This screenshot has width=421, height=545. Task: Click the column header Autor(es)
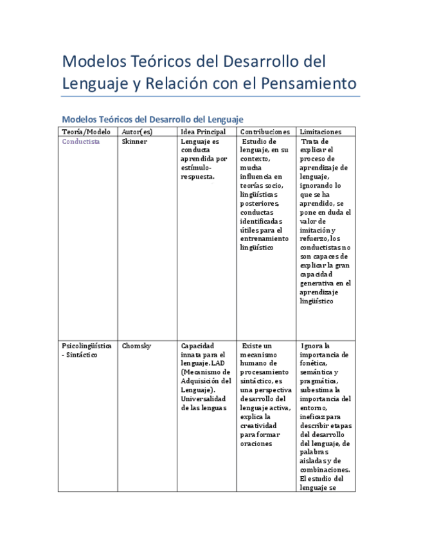(137, 132)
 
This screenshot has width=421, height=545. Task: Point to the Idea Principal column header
(203, 132)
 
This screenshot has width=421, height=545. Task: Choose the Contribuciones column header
(265, 132)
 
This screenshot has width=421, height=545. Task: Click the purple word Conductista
(81, 141)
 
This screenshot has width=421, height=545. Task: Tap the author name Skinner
(134, 141)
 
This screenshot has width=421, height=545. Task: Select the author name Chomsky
(137, 346)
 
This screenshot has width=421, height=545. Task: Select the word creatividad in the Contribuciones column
(258, 425)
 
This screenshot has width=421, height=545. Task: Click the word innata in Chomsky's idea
(192, 355)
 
